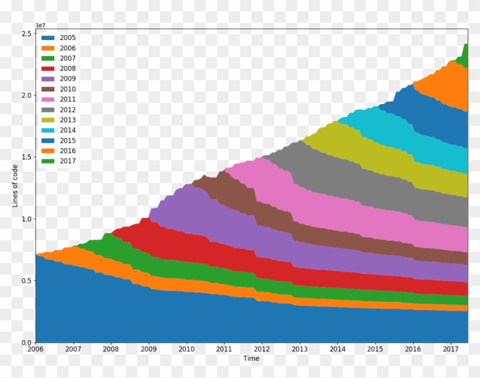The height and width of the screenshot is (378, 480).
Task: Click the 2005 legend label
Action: coord(67,38)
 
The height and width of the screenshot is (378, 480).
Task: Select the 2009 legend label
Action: coord(67,79)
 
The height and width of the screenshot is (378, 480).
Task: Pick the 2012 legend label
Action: coord(67,110)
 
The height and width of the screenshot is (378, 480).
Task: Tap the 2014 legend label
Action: coord(67,130)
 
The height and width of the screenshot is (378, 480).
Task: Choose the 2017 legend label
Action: coord(67,161)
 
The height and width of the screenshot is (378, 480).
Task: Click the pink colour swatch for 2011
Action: coord(47,100)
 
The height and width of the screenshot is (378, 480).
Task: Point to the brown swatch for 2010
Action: coord(47,89)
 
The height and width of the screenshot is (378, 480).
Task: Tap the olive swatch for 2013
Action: coord(47,120)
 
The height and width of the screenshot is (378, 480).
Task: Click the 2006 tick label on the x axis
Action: coord(35,349)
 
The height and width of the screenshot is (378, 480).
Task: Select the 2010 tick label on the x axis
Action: coord(186,349)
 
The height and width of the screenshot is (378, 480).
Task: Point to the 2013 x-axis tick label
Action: coord(300,349)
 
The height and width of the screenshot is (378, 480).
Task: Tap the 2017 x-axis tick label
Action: coord(451,349)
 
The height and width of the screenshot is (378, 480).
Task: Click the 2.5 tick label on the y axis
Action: coord(26,34)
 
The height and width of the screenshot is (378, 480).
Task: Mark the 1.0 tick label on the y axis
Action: coord(26,219)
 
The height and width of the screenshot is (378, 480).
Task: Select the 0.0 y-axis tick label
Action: coord(26,343)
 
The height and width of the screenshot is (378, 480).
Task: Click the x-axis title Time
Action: coord(251,359)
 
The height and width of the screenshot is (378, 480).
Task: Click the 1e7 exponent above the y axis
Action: coord(41,25)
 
